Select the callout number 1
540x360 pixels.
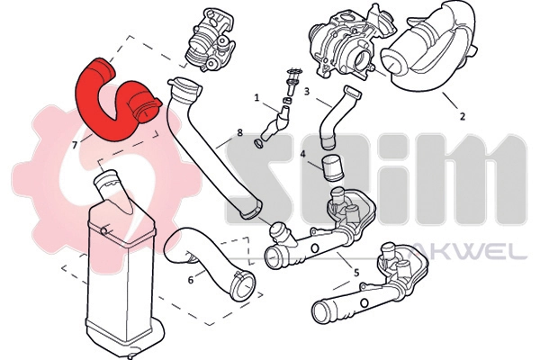pyautogui.click(x=256, y=97)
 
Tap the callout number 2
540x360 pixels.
pyautogui.click(x=462, y=116)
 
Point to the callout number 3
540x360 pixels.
pyautogui.click(x=307, y=91)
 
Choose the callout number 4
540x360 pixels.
pyautogui.click(x=303, y=154)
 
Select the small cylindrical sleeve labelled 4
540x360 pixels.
pyautogui.click(x=335, y=167)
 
